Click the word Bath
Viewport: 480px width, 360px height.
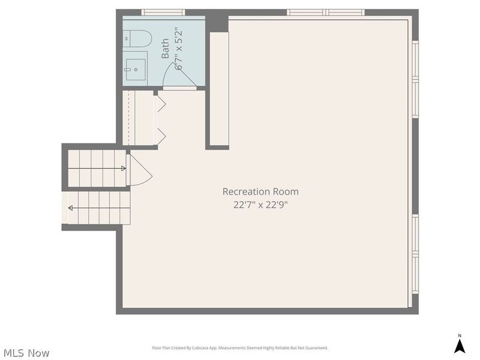(165, 49)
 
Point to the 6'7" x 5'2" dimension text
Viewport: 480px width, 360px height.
(178, 49)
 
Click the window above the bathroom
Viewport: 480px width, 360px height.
(163, 12)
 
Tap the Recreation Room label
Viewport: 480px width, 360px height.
(260, 191)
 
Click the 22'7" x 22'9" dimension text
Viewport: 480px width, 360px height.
(260, 204)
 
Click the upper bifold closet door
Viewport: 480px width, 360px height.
(161, 103)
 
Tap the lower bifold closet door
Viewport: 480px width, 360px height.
(161, 136)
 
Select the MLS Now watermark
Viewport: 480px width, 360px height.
(26, 353)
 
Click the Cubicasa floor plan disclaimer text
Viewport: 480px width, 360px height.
(240, 348)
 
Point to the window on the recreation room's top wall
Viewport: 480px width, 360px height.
(325, 12)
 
